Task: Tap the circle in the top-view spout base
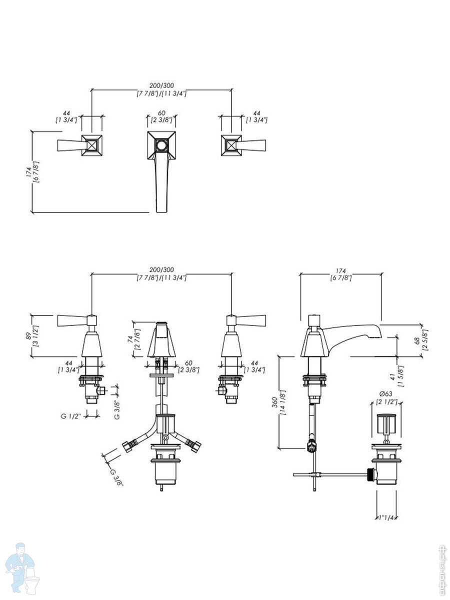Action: pos(161,146)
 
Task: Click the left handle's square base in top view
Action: pos(92,145)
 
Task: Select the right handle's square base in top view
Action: pos(231,145)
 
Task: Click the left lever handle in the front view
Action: pos(73,320)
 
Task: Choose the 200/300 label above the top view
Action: pos(161,85)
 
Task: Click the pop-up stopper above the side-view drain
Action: pos(386,423)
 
